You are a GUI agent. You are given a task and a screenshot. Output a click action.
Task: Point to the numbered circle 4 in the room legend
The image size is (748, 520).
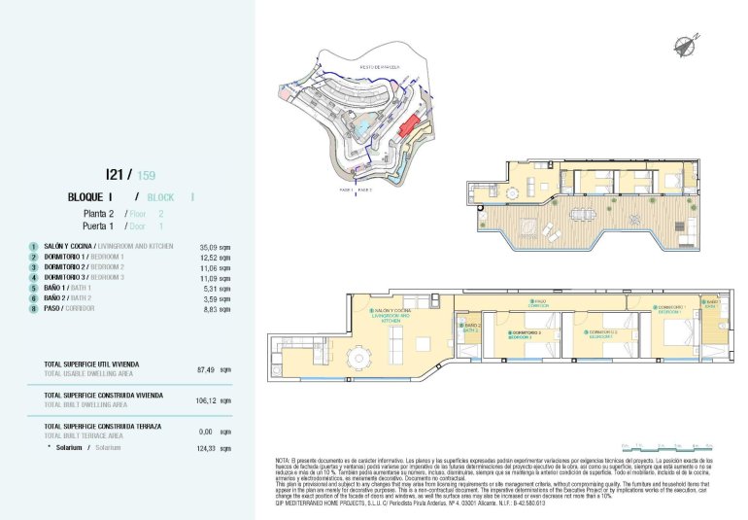tap(34, 278)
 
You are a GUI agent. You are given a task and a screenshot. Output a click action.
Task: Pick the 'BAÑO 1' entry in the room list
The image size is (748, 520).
tap(57, 289)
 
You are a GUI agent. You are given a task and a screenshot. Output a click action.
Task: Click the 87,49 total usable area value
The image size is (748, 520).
tap(206, 369)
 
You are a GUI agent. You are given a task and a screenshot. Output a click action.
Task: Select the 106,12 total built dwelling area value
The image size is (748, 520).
tap(206, 400)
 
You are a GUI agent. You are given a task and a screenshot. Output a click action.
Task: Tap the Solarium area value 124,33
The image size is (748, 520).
tap(206, 448)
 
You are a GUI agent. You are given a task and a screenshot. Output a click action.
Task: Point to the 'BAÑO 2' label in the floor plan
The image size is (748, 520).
tap(473, 325)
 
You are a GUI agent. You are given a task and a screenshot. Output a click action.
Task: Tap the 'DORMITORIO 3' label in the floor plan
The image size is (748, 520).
tap(525, 331)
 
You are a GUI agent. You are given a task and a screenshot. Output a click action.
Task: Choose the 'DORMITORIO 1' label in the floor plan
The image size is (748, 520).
tap(671, 307)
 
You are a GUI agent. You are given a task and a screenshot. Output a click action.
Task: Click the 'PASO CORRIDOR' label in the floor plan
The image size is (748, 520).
tap(539, 302)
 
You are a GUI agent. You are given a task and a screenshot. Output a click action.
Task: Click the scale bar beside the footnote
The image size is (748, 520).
tap(671, 448)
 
